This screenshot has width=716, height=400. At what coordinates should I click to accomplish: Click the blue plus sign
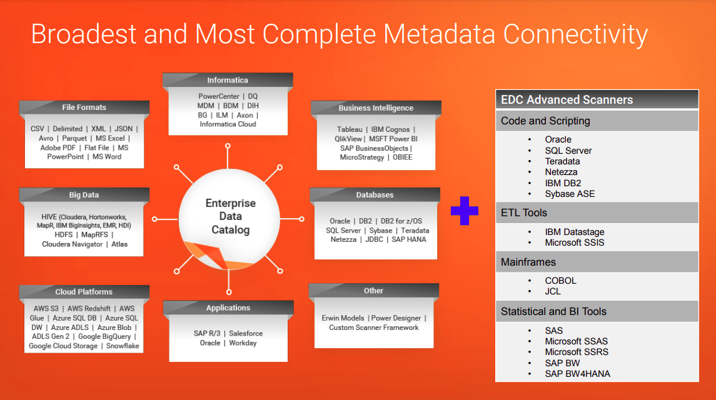pos(464,211)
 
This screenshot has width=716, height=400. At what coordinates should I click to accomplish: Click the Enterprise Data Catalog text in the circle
pos(230,217)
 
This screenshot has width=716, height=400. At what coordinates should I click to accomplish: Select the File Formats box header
pos(84,107)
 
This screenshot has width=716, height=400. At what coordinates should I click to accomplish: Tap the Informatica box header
pos(228,80)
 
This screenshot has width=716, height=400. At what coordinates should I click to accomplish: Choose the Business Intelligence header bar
pos(376,107)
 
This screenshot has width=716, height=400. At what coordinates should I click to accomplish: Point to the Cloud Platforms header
pos(84,292)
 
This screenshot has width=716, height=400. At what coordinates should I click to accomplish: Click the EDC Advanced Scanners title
pos(567,100)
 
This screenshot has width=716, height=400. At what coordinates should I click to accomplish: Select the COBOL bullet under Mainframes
pos(560,281)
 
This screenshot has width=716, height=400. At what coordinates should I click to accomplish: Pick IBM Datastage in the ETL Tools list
pos(574,232)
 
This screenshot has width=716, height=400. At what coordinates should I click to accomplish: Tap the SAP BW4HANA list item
pos(577,374)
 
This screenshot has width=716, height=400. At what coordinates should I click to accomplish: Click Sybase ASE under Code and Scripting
pos(570,194)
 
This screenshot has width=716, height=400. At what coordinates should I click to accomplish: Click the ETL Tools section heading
pos(524,213)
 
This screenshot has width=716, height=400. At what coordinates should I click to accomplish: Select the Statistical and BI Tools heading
pos(553,311)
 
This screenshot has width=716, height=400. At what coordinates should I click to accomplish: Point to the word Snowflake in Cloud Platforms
pos(123,346)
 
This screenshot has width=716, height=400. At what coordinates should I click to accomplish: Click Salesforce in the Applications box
pos(246,334)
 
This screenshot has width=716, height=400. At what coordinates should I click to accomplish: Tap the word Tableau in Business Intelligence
pos(350,129)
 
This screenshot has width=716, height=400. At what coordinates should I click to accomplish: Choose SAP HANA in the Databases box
pos(409,239)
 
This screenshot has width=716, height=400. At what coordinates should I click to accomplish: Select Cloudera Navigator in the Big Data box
pos(72,244)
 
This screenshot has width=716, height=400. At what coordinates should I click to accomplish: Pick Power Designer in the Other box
pos(398,318)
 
